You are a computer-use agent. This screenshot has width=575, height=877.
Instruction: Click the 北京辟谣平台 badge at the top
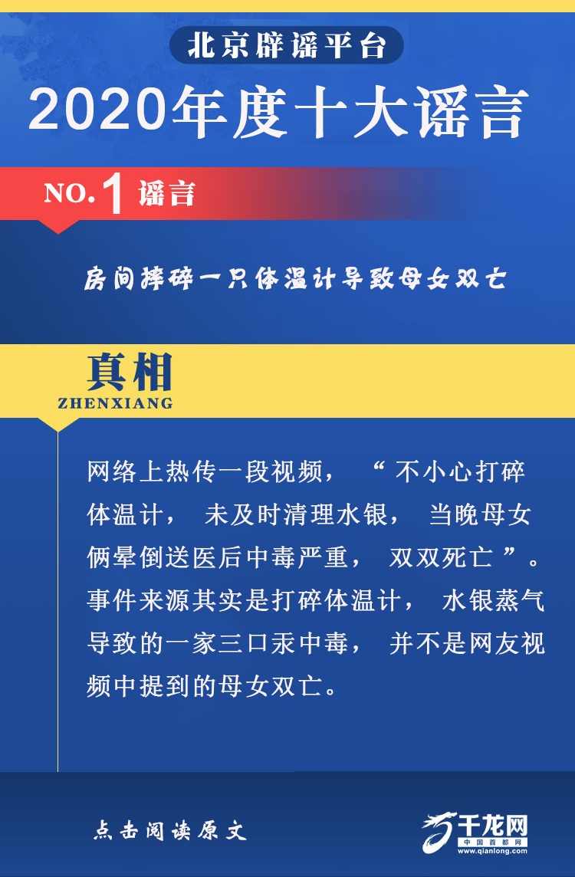pyautogui.click(x=287, y=45)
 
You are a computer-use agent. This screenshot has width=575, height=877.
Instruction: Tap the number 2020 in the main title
pyautogui.click(x=98, y=110)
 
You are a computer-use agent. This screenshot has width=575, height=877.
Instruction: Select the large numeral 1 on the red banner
pyautogui.click(x=114, y=196)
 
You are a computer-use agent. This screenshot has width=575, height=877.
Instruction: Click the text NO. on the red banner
pyautogui.click(x=69, y=194)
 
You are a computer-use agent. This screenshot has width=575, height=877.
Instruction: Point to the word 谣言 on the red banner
pyautogui.click(x=166, y=193)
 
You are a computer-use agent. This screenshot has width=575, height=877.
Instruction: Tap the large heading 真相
pyautogui.click(x=130, y=373)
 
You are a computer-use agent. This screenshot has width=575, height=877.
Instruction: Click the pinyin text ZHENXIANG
pyautogui.click(x=115, y=403)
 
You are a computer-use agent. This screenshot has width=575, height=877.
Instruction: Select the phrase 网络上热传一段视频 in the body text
pyautogui.click(x=205, y=473)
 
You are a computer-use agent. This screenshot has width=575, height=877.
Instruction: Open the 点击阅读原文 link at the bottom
pyautogui.click(x=169, y=830)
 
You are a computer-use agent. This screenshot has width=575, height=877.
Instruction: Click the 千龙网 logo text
pyautogui.click(x=493, y=825)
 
